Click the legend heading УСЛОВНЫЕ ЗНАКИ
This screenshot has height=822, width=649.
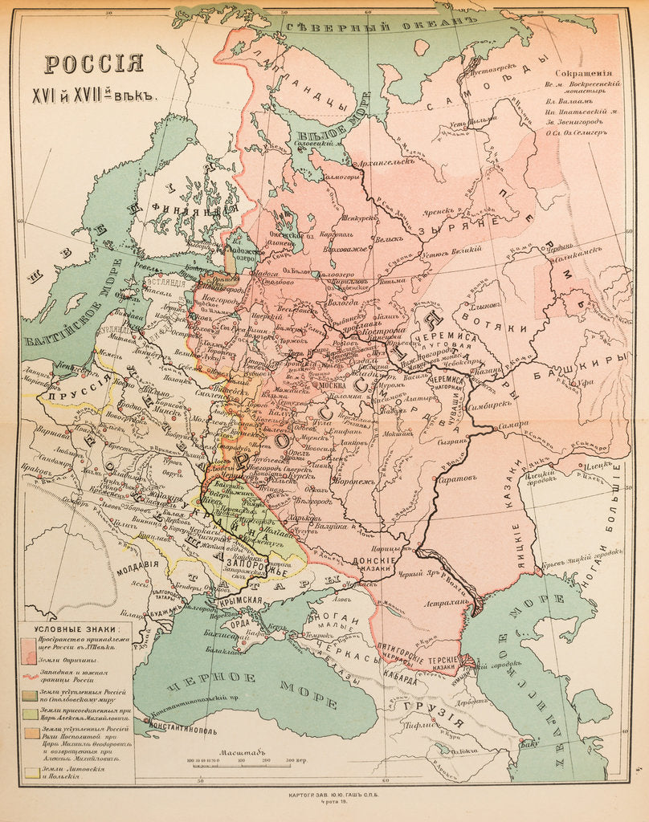pos(76,629)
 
